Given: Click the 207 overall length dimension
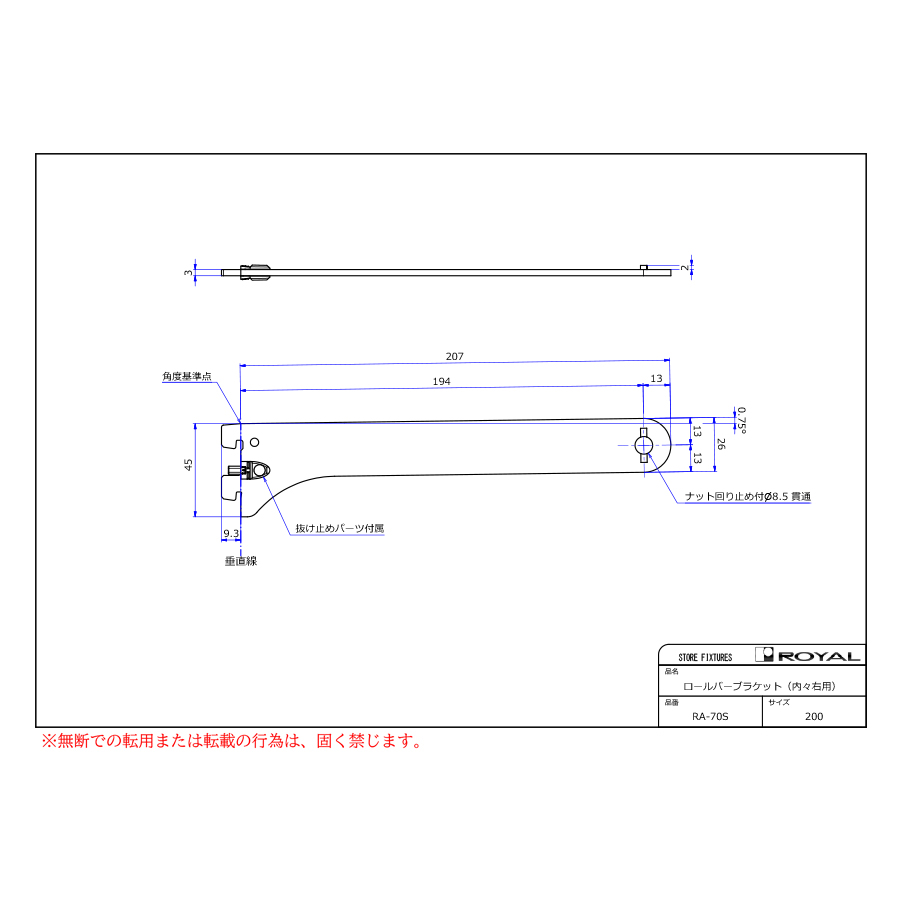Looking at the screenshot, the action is click(455, 356).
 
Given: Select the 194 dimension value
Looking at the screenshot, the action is click(441, 382).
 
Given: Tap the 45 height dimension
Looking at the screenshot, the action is click(188, 465).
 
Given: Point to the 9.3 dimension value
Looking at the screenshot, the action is click(231, 534).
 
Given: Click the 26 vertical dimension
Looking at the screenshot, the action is click(721, 444).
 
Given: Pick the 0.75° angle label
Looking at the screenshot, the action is click(742, 420).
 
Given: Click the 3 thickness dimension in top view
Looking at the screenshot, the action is click(188, 273).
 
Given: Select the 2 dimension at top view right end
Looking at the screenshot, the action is click(684, 267).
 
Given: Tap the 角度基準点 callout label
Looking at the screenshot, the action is click(187, 377).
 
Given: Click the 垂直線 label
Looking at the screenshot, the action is click(240, 561).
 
